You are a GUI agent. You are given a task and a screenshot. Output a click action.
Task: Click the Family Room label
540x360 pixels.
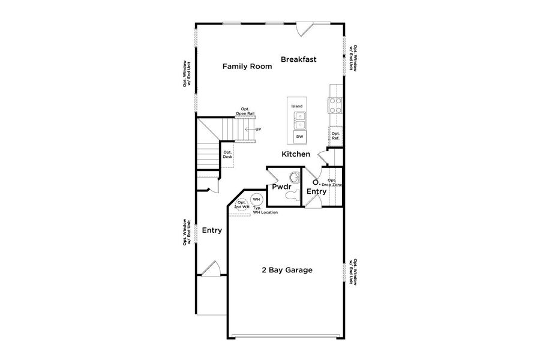point(247,67)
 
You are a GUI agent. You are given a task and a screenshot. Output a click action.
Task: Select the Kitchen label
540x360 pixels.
point(296,154)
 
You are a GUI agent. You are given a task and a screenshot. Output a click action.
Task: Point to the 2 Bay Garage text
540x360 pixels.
point(287,270)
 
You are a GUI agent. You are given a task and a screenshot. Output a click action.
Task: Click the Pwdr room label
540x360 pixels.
point(281,187)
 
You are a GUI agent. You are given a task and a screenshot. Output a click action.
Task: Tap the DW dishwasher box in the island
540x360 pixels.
point(299,137)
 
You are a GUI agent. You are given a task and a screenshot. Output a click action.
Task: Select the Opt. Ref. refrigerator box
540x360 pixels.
point(335,136)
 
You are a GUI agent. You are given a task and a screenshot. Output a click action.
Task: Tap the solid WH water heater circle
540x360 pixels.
point(256,199)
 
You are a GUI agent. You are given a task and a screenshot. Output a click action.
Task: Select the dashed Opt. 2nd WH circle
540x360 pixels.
point(242,204)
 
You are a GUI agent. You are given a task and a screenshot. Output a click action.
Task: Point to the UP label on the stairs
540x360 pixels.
point(258,130)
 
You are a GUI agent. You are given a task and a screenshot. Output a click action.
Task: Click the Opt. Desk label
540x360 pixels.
point(227,154)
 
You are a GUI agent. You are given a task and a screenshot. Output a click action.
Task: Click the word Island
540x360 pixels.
point(297,106)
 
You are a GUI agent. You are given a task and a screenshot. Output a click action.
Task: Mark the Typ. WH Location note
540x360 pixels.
point(265,211)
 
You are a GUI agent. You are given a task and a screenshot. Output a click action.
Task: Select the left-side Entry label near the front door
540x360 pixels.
point(212,230)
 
